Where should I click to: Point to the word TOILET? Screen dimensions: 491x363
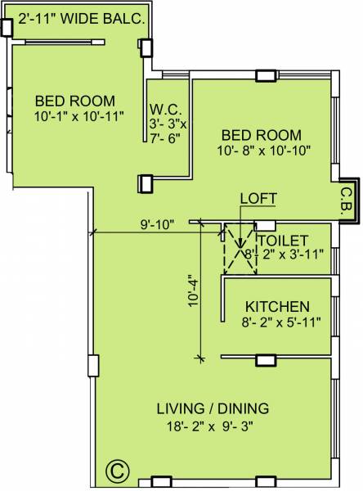[x=282, y=241]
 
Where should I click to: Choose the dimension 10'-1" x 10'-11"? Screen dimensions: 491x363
[x=79, y=115]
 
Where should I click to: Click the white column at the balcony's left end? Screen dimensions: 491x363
[x=7, y=27]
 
